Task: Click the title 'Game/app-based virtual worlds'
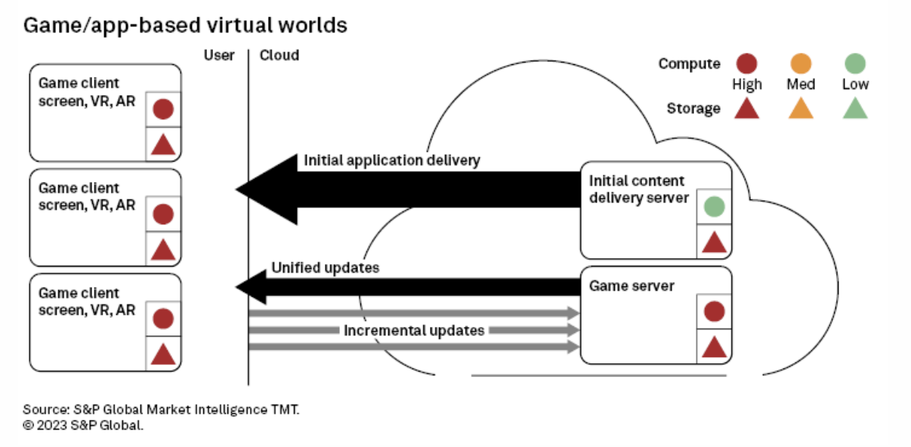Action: [x=185, y=25]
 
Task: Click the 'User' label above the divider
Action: [x=219, y=55]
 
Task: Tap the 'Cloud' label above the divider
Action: [x=279, y=55]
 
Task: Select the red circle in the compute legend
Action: [x=746, y=63]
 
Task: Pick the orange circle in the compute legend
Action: [x=801, y=63]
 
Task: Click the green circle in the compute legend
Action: [x=855, y=63]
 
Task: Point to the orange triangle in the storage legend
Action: [x=801, y=109]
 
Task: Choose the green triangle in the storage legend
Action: [x=855, y=109]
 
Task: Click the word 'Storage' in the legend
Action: [x=693, y=109]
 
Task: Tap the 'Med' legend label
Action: [x=801, y=85]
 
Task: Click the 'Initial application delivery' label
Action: [x=392, y=160]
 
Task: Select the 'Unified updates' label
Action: [x=325, y=267]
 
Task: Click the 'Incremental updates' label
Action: [x=414, y=331]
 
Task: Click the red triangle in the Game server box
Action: [x=714, y=347]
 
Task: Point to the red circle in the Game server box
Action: [x=714, y=311]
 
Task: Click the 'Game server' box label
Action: [x=632, y=286]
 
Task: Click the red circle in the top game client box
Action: [x=163, y=109]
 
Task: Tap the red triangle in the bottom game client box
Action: [x=163, y=353]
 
